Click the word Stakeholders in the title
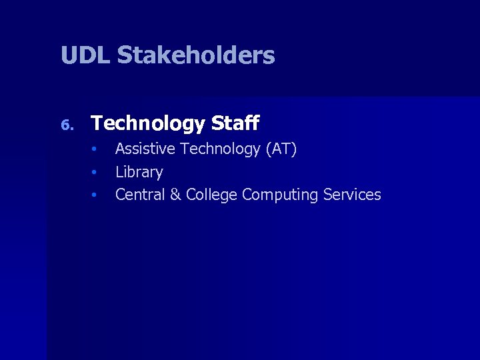[195, 55]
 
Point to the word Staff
[235, 123]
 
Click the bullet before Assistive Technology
[95, 149]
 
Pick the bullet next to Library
[95, 172]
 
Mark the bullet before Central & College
[95, 195]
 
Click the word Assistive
[146, 149]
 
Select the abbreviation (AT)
[281, 149]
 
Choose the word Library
[139, 172]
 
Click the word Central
[141, 195]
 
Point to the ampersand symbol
[176, 195]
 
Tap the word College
[211, 195]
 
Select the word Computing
[280, 195]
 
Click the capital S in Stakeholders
[124, 55]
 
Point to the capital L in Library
[119, 172]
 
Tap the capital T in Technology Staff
[97, 123]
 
